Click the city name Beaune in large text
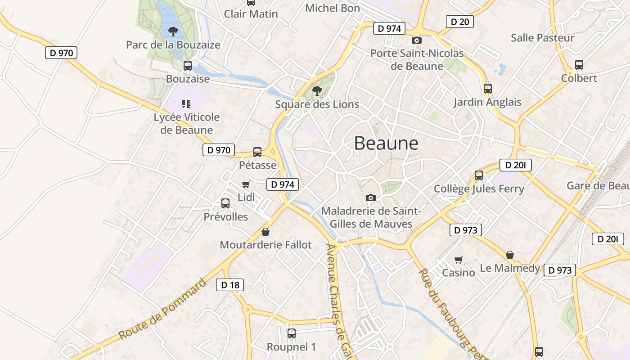pyautogui.click(x=386, y=143)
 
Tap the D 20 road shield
pyautogui.click(x=459, y=21)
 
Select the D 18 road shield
pyautogui.click(x=230, y=284)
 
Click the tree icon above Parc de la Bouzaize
pyautogui.click(x=173, y=31)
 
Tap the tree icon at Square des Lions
pyautogui.click(x=317, y=91)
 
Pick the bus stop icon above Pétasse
pyautogui.click(x=257, y=152)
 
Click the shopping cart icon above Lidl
pyautogui.click(x=246, y=184)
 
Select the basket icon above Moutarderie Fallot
pyautogui.click(x=265, y=232)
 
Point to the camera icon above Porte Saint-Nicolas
pyautogui.click(x=417, y=40)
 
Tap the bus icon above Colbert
pyautogui.click(x=579, y=65)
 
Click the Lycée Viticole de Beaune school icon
pyautogui.click(x=186, y=104)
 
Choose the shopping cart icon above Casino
pyautogui.click(x=458, y=260)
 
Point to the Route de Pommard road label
pyautogui.click(x=162, y=310)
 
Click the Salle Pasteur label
pyautogui.click(x=543, y=38)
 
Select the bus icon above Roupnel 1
pyautogui.click(x=291, y=333)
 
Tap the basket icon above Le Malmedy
pyautogui.click(x=510, y=255)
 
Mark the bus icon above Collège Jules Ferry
pyautogui.click(x=479, y=175)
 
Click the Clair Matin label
pyautogui.click(x=251, y=14)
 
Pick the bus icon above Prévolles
pyautogui.click(x=225, y=203)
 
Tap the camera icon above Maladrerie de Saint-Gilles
pyautogui.click(x=371, y=198)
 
